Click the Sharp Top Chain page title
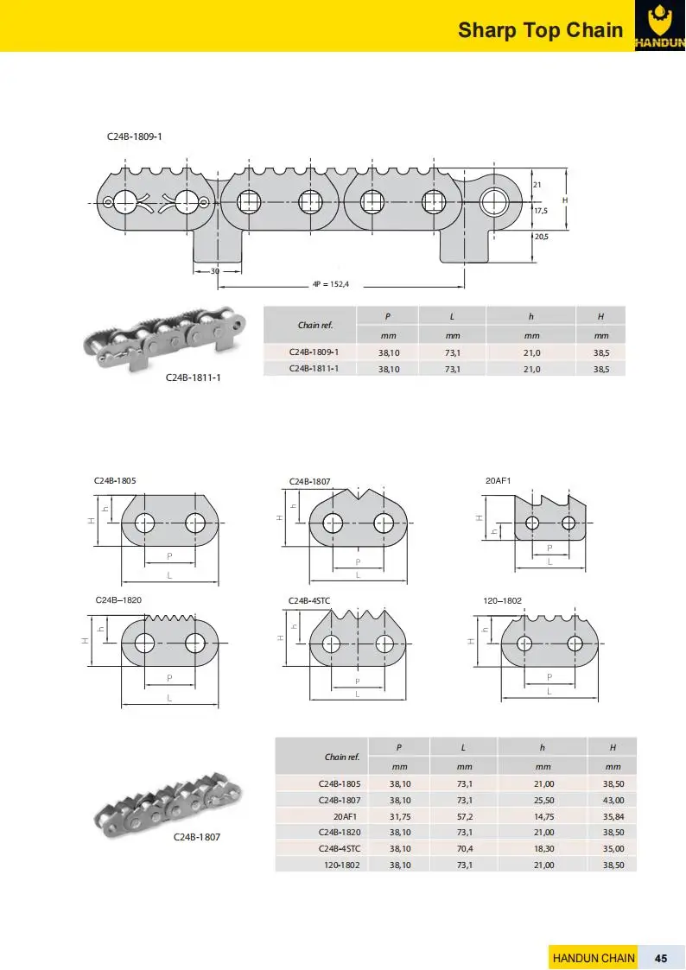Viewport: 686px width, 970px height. point(540,30)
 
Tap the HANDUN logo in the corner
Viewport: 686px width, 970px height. point(660,26)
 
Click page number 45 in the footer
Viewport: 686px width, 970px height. point(661,958)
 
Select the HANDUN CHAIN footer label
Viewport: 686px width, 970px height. point(594,958)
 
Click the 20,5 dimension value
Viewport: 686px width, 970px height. point(542,237)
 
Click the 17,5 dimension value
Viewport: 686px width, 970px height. point(542,210)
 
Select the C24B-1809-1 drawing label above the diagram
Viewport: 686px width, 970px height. point(135,136)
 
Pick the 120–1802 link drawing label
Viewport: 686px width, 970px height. point(502,599)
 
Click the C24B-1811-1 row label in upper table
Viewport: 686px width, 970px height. point(313,369)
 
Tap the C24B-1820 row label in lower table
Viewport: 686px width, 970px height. point(340,833)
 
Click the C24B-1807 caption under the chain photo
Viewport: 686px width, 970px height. point(203,837)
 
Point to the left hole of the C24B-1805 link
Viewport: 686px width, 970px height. point(144,523)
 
